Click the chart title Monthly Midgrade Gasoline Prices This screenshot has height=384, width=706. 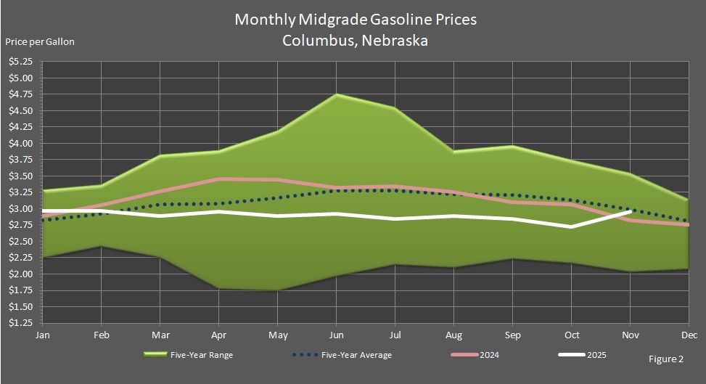(x=356, y=20)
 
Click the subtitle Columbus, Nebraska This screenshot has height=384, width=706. (x=356, y=41)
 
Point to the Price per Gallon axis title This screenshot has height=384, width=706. (x=40, y=41)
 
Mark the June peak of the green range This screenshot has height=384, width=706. (x=336, y=95)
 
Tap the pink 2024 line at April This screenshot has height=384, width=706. (x=218, y=179)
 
